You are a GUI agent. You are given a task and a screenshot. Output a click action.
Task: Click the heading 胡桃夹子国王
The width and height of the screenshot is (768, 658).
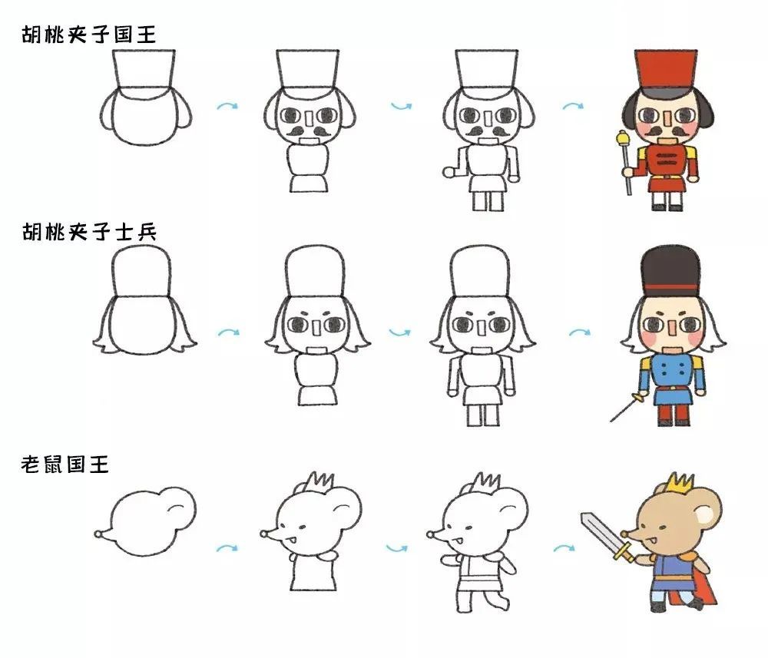pyautogui.click(x=88, y=35)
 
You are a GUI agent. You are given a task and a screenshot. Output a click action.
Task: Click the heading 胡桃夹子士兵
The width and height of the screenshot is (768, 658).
pyautogui.click(x=88, y=232)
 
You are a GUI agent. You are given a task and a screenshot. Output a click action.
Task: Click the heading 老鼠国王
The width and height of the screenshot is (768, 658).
pyautogui.click(x=65, y=464)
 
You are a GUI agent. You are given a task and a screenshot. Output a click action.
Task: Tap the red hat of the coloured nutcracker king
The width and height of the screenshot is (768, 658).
pyautogui.click(x=666, y=69)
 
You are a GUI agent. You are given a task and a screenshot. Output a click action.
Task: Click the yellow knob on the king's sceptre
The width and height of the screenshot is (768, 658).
pyautogui.click(x=623, y=138)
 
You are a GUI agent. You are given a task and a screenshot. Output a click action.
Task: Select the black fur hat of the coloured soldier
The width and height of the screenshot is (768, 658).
pyautogui.click(x=670, y=272)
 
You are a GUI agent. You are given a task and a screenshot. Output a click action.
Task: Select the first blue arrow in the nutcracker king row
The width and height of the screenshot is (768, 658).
pyautogui.click(x=227, y=106)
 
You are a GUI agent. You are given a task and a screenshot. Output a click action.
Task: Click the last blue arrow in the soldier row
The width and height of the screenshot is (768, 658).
pyautogui.click(x=580, y=332)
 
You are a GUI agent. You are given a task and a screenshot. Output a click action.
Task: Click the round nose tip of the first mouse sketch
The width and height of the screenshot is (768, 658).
pyautogui.click(x=98, y=534)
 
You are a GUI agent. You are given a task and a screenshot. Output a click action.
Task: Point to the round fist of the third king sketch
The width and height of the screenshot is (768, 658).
pyautogui.click(x=449, y=172)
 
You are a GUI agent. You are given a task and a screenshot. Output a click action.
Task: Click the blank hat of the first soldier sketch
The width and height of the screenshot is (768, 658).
pyautogui.click(x=141, y=270)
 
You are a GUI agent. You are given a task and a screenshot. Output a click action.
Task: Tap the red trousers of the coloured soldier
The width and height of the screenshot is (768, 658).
pyautogui.click(x=673, y=413)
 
